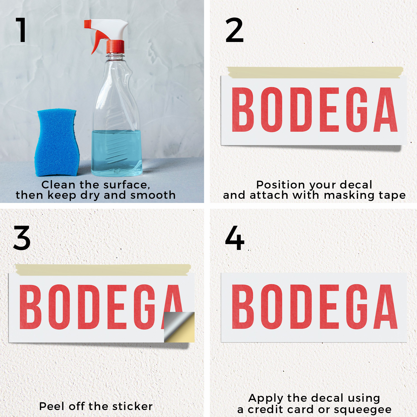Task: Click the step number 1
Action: point(21,30)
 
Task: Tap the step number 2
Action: point(234,30)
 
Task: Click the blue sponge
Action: point(57,142)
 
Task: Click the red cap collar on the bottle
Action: point(115,46)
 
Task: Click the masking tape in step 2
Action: point(315,72)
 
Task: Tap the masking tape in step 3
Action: point(103,269)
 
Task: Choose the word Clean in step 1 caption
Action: point(58,185)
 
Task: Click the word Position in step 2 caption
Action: point(281,185)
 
